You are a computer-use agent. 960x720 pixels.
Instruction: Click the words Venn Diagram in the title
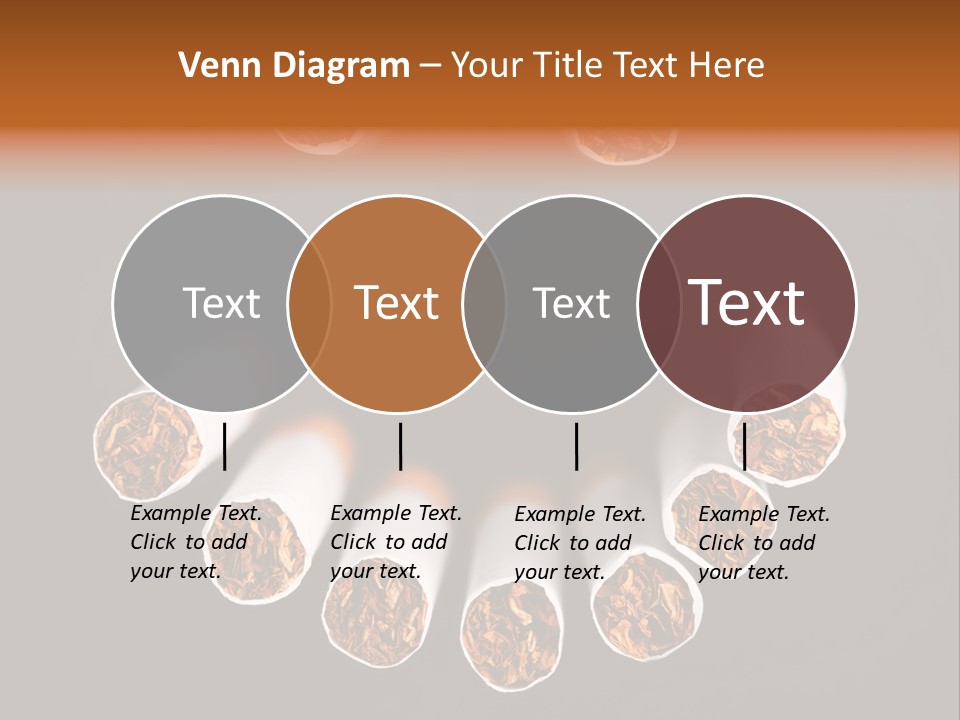[x=294, y=66]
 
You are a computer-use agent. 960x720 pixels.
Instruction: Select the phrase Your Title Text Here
[x=607, y=66]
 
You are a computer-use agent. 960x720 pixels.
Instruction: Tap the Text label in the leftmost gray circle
[x=221, y=303]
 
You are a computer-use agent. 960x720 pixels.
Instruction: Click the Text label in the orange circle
[x=397, y=303]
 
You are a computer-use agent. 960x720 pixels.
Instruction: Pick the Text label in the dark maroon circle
[x=746, y=303]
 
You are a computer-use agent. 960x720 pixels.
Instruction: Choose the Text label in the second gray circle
[x=571, y=303]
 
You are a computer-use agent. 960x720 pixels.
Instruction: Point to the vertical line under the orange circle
[x=400, y=446]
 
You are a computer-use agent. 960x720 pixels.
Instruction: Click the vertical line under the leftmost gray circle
[x=224, y=446]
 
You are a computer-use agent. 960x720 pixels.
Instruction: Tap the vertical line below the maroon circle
[x=744, y=446]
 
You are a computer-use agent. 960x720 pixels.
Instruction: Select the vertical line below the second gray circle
[x=576, y=446]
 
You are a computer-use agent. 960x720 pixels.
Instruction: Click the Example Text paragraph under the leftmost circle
[x=195, y=542]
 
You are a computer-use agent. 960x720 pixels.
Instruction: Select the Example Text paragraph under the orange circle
[x=395, y=542]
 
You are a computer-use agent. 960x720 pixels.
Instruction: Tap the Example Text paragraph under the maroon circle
[x=763, y=542]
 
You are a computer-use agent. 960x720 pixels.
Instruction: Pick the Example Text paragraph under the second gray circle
[x=579, y=543]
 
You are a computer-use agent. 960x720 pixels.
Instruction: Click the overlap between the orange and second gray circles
[x=484, y=303]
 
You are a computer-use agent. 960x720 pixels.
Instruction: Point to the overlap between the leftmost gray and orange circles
[x=309, y=303]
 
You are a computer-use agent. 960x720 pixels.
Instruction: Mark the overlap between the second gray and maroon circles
[x=659, y=303]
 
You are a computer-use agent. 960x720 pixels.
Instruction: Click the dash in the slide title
[x=430, y=67]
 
